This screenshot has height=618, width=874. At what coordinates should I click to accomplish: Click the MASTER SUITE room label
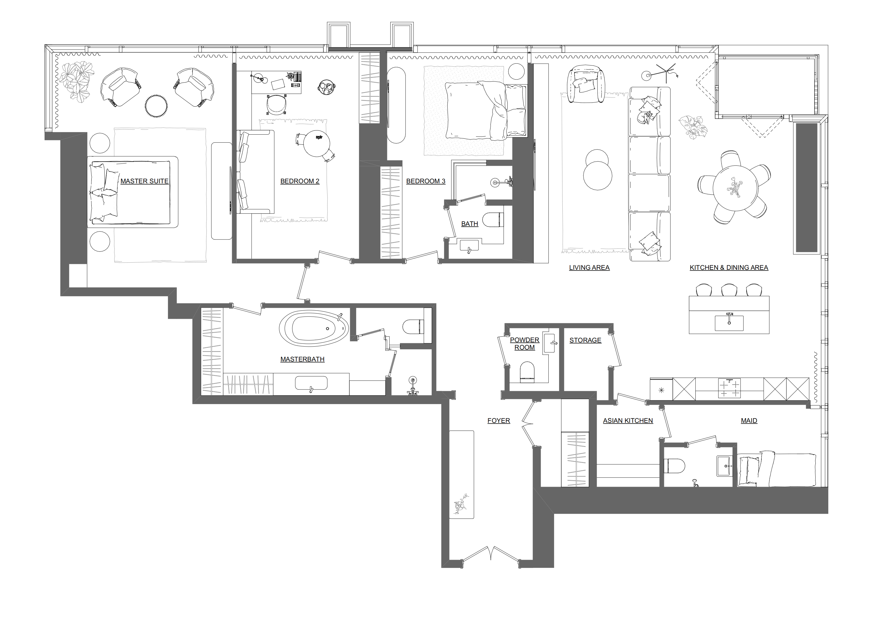click(x=144, y=181)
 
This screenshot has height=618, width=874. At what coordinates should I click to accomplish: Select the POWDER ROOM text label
click(x=525, y=344)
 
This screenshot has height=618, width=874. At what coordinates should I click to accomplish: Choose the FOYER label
click(x=499, y=420)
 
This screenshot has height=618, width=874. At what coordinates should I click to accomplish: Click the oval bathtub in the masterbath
click(x=314, y=328)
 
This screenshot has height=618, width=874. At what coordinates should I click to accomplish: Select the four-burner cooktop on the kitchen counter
click(x=729, y=388)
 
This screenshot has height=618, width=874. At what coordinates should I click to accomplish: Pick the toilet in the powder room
click(x=528, y=372)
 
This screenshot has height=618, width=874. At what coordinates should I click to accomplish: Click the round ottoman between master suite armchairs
click(x=156, y=105)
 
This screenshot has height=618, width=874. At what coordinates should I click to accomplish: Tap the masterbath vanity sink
click(x=311, y=383)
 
